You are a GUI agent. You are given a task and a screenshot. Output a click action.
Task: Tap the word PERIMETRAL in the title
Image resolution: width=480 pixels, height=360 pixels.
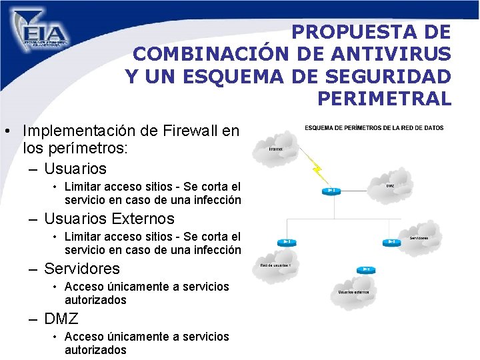[384, 99]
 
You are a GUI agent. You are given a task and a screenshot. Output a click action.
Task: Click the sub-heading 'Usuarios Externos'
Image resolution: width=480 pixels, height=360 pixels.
[109, 219]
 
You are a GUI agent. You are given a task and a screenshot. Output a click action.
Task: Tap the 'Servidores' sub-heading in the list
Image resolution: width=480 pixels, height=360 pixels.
[82, 269]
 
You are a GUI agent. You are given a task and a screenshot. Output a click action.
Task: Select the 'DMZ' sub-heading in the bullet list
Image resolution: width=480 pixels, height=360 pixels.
[61, 319]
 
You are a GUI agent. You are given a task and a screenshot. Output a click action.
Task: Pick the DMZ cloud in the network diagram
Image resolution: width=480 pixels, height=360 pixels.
[393, 185]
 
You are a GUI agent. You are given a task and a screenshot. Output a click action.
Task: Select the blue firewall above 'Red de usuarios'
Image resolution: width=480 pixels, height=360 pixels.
[287, 242]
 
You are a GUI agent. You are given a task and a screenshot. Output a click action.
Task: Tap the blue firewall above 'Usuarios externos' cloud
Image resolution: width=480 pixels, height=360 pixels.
[366, 270]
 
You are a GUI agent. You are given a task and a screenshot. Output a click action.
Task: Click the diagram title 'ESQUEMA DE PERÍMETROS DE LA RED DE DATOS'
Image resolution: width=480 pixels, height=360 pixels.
[374, 128]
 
